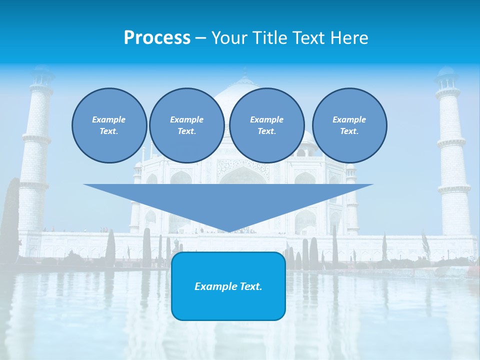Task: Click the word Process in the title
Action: tap(157, 38)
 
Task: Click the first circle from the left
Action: tap(109, 125)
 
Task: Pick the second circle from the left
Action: tap(186, 125)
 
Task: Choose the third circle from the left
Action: tap(266, 125)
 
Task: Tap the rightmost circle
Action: tap(349, 125)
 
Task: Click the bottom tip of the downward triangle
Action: tap(228, 231)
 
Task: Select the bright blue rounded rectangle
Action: tap(228, 286)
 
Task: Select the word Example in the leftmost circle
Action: tap(109, 119)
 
